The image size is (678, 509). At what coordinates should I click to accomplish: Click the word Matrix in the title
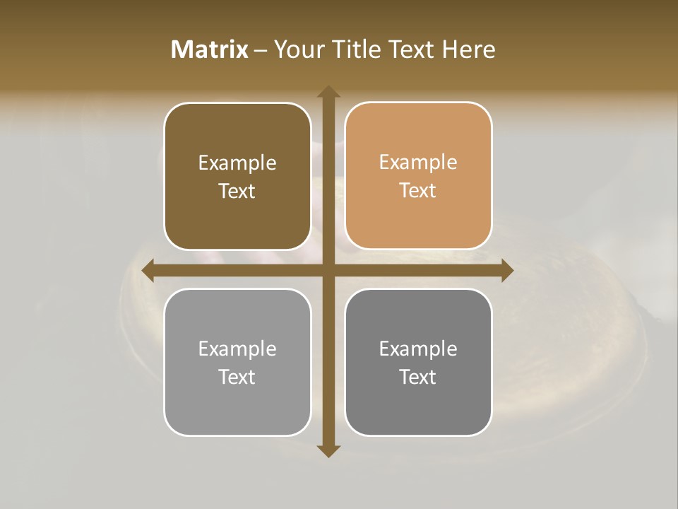210,49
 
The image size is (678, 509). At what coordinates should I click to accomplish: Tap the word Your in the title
297,49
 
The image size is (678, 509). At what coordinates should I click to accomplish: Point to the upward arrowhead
328,91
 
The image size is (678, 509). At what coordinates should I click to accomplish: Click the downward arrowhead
328,451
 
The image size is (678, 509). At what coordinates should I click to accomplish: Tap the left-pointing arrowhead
148,271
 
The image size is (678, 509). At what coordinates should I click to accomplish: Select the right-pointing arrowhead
507,271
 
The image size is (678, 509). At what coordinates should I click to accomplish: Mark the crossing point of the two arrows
328,271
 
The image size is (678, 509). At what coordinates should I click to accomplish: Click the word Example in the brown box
237,163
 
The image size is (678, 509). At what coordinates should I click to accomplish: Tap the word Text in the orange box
418,191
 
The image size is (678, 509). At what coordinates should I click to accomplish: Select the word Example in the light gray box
237,349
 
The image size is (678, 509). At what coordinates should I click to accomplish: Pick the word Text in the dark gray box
418,377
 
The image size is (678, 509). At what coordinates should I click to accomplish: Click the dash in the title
261,50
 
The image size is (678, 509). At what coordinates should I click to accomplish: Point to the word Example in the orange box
418,163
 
